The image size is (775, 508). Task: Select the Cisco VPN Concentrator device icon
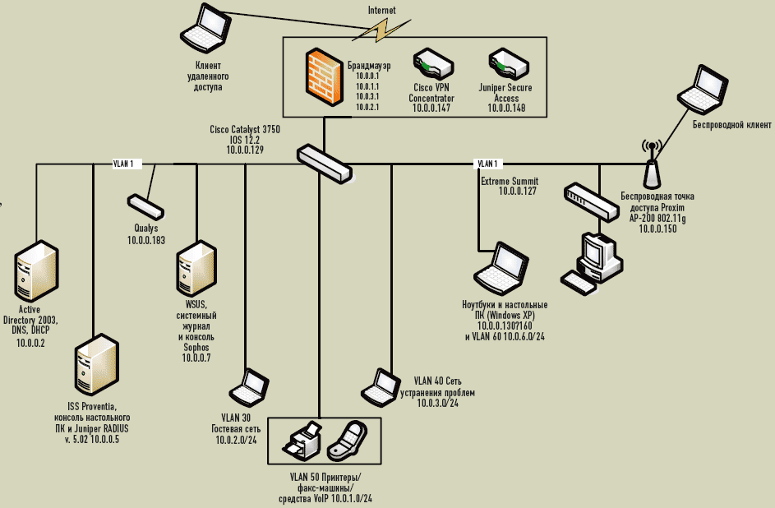[431, 62]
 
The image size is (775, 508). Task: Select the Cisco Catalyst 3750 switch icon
[325, 162]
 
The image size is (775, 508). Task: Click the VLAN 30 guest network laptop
[249, 389]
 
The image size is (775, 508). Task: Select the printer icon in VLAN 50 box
[303, 440]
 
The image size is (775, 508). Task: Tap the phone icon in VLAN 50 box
[348, 441]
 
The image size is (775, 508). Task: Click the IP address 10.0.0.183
[145, 240]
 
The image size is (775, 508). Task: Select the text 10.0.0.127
[517, 191]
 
